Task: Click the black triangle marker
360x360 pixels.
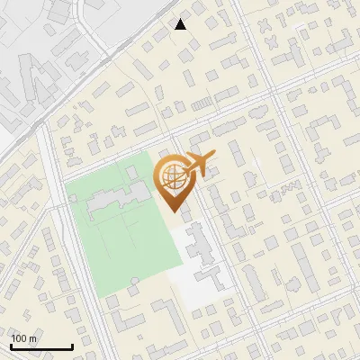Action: tap(181, 24)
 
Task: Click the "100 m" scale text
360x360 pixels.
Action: tap(23, 338)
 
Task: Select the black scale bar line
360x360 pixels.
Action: tap(41, 347)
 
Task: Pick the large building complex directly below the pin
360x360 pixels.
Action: tap(200, 252)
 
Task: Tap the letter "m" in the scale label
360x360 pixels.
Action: tap(32, 338)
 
